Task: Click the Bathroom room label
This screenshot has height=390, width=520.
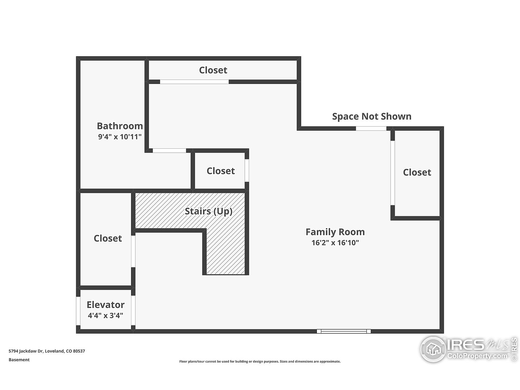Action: tap(120, 126)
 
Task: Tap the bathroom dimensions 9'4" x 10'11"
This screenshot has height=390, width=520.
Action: tap(120, 137)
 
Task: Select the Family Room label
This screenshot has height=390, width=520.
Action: tap(335, 232)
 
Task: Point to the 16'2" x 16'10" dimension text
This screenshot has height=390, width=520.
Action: tap(335, 242)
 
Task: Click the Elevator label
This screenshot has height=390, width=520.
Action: tap(105, 305)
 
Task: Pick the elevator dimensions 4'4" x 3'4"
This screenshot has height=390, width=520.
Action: tap(105, 316)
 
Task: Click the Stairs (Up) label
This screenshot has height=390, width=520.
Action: tap(209, 211)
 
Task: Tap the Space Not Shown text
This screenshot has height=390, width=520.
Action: tap(371, 116)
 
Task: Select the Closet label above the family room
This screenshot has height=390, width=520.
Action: tap(213, 70)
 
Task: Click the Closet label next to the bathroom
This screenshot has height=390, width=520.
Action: tap(220, 171)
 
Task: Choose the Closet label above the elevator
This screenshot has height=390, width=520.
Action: tap(108, 238)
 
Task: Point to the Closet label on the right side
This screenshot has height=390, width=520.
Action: tap(417, 172)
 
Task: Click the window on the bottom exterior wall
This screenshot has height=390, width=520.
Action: tap(344, 331)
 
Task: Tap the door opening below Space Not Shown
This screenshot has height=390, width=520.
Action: tap(371, 128)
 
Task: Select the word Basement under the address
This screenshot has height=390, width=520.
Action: tap(19, 360)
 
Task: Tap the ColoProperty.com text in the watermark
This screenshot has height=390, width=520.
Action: tap(477, 356)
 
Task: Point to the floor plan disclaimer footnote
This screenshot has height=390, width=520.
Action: tap(260, 362)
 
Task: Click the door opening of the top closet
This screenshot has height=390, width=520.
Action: tap(194, 82)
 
